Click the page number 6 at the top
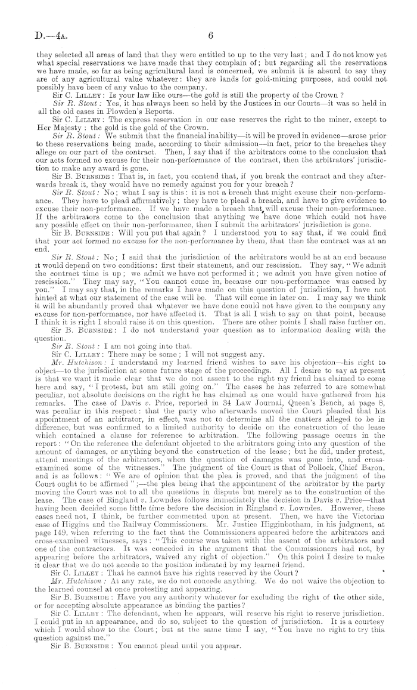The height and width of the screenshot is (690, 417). (210, 36)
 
